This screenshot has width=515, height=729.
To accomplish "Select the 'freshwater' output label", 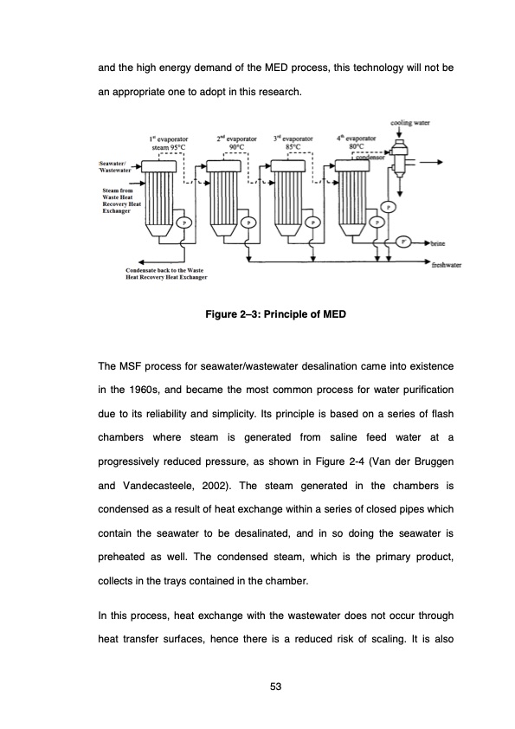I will (x=450, y=267).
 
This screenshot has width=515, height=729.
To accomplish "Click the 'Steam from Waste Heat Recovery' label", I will (x=121, y=200).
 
